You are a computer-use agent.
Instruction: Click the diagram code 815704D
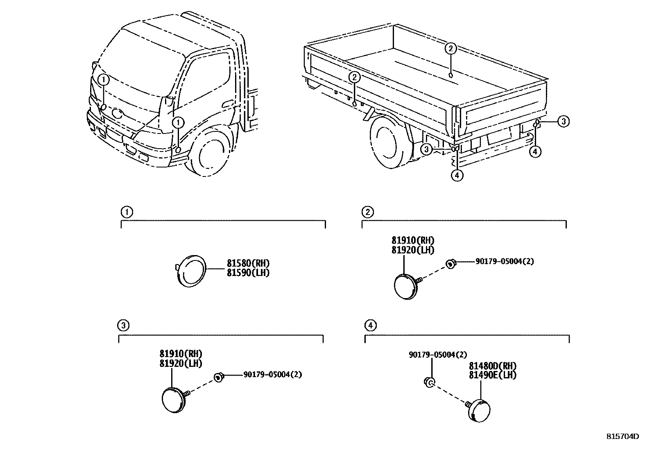(622, 436)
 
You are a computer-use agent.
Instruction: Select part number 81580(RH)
(248, 263)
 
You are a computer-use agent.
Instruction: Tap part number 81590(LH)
(248, 273)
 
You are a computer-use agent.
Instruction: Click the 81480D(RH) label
(492, 366)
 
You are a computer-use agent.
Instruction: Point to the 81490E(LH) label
(492, 375)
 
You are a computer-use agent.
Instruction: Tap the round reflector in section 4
(480, 410)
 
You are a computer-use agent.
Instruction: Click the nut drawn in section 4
(429, 382)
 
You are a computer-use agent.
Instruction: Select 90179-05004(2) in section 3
(273, 374)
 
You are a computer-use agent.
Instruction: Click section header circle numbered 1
(127, 212)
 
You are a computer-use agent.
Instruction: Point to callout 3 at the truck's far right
(564, 121)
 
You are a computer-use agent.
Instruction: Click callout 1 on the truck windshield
(104, 79)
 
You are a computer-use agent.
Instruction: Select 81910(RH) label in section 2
(413, 240)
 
